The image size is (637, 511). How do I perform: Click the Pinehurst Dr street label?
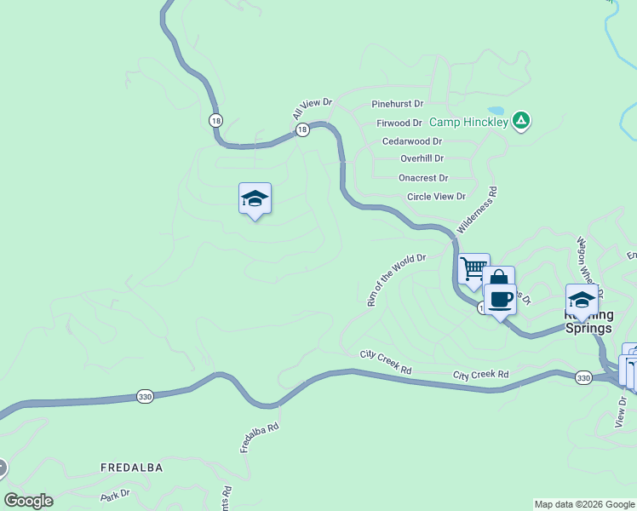pos(397,104)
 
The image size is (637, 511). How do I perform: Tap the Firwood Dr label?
pos(399,123)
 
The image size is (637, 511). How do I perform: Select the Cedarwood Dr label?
pos(412,141)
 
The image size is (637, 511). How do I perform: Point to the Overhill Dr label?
pos(422,158)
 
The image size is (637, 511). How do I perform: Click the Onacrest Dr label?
pos(422,178)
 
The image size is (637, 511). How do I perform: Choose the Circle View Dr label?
pos(436,196)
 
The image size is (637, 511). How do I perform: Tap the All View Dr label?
pos(311,108)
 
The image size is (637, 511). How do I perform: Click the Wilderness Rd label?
pos(478,212)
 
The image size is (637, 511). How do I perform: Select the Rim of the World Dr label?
pos(394,279)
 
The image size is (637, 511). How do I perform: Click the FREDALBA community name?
pos(131,468)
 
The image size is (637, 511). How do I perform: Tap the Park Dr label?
pos(114,494)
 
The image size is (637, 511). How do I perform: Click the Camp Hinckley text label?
pos(468,123)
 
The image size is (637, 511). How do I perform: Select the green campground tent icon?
pos(521,122)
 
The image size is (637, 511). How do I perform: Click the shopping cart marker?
pos(473,269)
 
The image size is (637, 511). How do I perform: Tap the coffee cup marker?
pos(500,300)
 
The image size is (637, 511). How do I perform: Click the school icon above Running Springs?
pos(582,301)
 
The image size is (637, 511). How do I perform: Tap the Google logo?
pos(28,501)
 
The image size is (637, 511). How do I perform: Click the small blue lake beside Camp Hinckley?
pos(495,111)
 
